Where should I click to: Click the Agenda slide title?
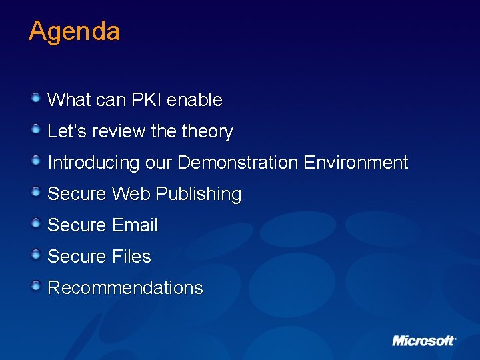click(x=74, y=32)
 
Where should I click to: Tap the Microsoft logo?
click(x=423, y=341)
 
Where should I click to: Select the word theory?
click(x=207, y=132)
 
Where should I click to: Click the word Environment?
click(x=355, y=163)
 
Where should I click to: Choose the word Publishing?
click(x=198, y=195)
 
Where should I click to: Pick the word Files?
click(x=131, y=257)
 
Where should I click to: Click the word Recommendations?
click(x=125, y=288)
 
